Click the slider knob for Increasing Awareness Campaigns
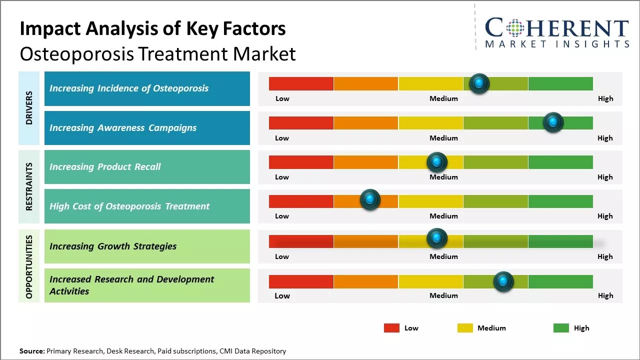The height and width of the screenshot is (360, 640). pyautogui.click(x=553, y=122)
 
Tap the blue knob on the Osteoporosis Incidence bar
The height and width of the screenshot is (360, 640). pyautogui.click(x=479, y=83)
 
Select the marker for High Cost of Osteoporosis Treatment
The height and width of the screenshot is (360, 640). pyautogui.click(x=370, y=200)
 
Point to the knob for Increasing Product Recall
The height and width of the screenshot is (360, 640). pyautogui.click(x=436, y=162)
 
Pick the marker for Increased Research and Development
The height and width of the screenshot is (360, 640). pyautogui.click(x=503, y=282)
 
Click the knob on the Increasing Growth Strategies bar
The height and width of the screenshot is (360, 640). pyautogui.click(x=436, y=238)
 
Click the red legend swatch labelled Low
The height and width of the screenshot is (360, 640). pyautogui.click(x=391, y=328)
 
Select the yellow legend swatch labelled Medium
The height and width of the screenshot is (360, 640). pyautogui.click(x=465, y=328)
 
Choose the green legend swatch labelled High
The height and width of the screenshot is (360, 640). pyautogui.click(x=561, y=328)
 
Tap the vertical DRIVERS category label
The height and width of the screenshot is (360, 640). pyautogui.click(x=29, y=108)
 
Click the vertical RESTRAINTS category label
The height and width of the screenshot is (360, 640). pyautogui.click(x=29, y=186)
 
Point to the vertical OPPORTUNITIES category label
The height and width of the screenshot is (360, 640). pyautogui.click(x=29, y=266)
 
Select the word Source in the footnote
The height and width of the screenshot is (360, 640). pyautogui.click(x=31, y=351)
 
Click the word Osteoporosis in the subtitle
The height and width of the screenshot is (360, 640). pyautogui.click(x=77, y=53)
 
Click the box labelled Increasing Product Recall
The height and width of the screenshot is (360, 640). pyautogui.click(x=147, y=167)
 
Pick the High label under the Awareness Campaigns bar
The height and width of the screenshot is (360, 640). pyautogui.click(x=605, y=138)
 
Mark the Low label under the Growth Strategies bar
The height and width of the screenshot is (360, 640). pyautogui.click(x=282, y=256)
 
